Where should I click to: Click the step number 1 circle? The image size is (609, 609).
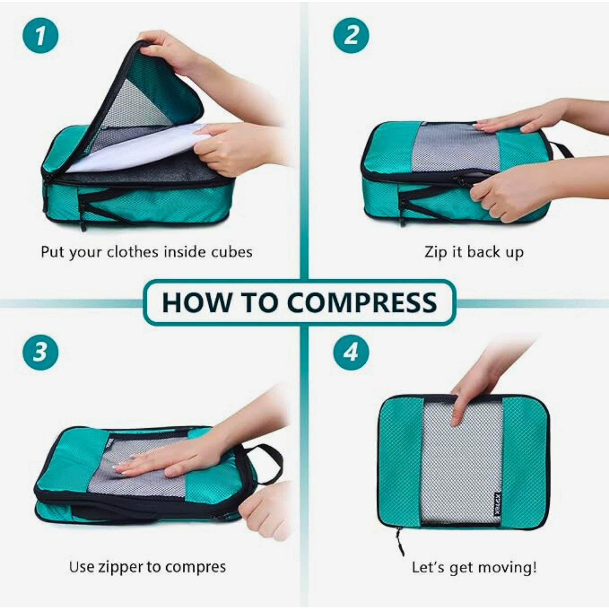click(40, 35)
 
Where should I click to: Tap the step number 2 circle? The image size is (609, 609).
click(351, 35)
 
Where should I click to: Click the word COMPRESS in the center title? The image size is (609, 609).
click(362, 303)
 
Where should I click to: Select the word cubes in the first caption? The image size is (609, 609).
click(232, 252)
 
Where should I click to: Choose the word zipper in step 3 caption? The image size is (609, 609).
click(121, 567)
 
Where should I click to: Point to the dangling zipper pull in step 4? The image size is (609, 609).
click(400, 540)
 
